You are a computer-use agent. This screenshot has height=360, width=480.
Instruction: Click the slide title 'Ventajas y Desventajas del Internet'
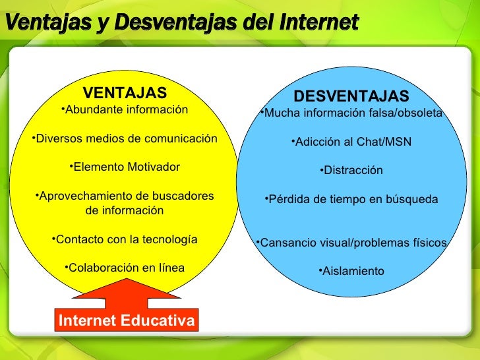point(183,24)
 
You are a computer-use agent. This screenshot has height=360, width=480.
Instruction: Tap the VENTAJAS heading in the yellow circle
point(125,92)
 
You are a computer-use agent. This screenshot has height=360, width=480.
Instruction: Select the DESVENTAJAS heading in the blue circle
point(351,97)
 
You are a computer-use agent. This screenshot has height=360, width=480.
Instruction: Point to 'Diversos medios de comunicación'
point(124,138)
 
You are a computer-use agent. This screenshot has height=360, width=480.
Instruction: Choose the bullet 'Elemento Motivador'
point(124,167)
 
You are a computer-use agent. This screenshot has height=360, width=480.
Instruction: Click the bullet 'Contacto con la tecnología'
point(124,239)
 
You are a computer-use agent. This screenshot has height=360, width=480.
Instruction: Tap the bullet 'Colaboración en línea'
point(125,268)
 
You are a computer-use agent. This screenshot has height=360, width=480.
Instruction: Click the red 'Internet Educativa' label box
point(127,320)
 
